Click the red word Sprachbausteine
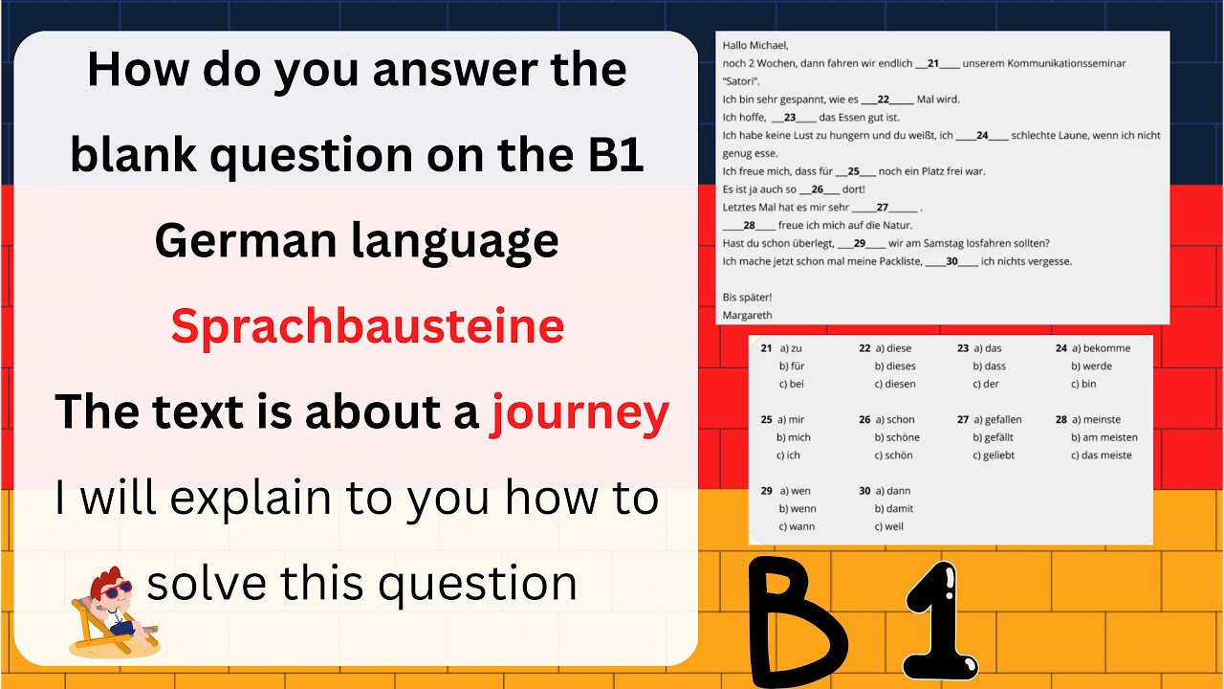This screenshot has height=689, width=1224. point(367,327)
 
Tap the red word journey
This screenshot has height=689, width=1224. point(579,413)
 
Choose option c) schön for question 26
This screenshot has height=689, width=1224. point(893,456)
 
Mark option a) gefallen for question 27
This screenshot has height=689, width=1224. point(997,419)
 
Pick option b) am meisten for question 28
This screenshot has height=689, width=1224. point(1104,437)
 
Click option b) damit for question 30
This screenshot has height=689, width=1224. point(893,508)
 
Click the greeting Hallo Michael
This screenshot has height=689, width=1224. point(755,45)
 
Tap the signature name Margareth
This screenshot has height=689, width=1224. point(748,315)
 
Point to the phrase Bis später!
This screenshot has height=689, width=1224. point(747,297)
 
